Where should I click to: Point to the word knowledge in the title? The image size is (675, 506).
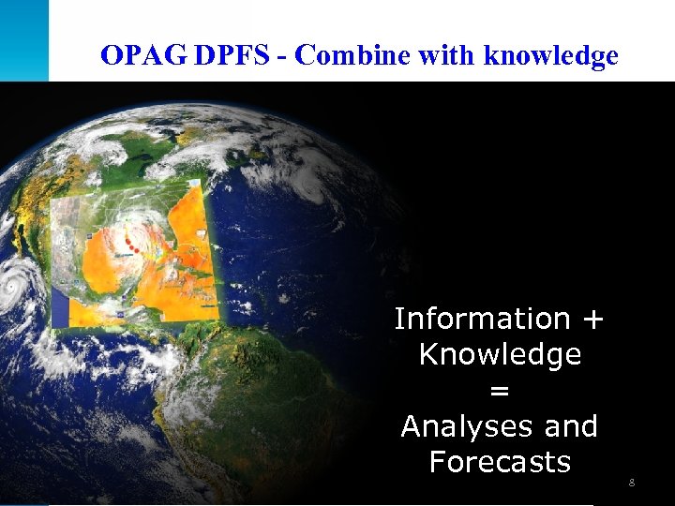(x=551, y=56)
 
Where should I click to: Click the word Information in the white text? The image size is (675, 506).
(x=482, y=320)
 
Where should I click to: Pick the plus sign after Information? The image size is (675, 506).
(x=592, y=320)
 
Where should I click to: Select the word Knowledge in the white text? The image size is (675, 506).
(x=500, y=355)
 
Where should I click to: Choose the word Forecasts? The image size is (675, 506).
(x=500, y=462)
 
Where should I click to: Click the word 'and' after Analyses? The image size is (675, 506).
(x=570, y=426)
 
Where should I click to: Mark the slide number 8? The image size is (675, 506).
(x=632, y=483)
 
